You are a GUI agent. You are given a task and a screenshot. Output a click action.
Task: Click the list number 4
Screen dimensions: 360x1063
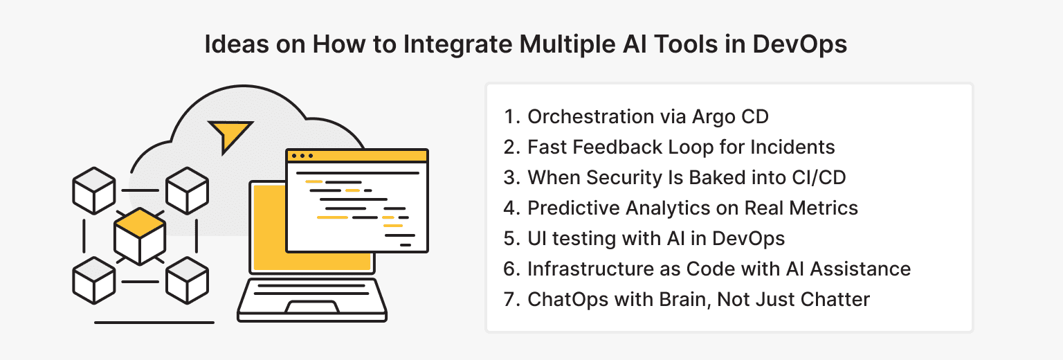(511, 208)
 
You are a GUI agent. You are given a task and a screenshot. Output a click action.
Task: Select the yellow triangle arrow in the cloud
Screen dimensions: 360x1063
(230, 135)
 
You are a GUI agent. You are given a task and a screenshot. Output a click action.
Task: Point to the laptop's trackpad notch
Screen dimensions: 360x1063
(312, 307)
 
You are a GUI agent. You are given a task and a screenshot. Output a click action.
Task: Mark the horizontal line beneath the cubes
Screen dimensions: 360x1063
(154, 322)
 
